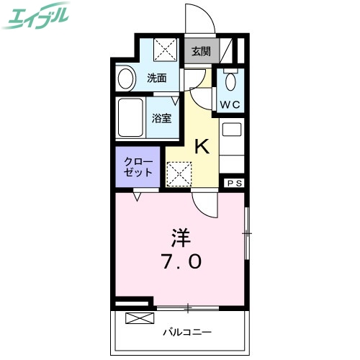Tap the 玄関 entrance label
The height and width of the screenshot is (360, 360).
tap(201, 51)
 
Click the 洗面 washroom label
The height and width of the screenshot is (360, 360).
tap(157, 78)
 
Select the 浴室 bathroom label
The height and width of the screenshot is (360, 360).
tap(161, 119)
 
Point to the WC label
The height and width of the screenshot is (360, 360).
tap(230, 104)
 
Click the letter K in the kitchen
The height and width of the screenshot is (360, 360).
tap(202, 148)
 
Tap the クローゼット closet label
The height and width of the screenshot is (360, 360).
tap(138, 166)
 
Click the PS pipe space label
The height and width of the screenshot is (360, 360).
tap(234, 184)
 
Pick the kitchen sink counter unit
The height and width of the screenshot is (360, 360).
tap(232, 148)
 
